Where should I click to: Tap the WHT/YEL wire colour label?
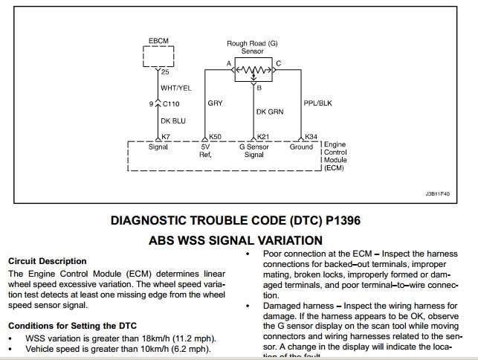(x=176, y=88)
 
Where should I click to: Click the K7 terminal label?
(x=167, y=137)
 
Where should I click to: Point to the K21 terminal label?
(x=263, y=137)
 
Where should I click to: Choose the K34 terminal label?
(x=311, y=137)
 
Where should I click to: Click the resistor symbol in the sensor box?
(x=254, y=72)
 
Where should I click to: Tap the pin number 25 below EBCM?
(x=166, y=72)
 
